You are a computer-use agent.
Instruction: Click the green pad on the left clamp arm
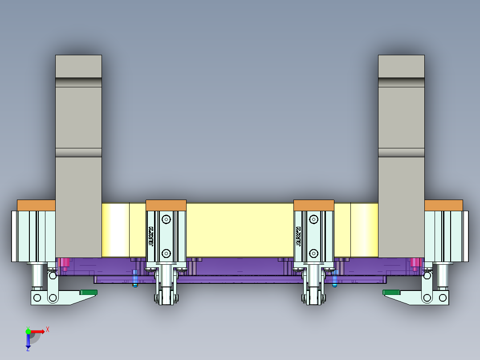pyautogui.click(x=88, y=292)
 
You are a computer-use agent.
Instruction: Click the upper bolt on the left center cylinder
pyautogui.click(x=166, y=219)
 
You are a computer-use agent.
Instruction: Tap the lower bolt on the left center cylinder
pyautogui.click(x=166, y=254)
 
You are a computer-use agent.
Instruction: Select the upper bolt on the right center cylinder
pyautogui.click(x=314, y=219)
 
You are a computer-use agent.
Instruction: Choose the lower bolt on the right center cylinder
pyautogui.click(x=314, y=254)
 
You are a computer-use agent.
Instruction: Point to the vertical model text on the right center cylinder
pyautogui.click(x=299, y=236)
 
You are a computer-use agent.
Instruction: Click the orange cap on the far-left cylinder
pyautogui.click(x=36, y=205)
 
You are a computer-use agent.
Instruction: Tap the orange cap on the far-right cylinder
pyautogui.click(x=443, y=205)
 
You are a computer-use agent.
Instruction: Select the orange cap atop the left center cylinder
pyautogui.click(x=166, y=205)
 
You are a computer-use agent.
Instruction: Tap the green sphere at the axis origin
pyautogui.click(x=28, y=331)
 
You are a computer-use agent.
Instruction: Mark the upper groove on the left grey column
pyautogui.click(x=78, y=83)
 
